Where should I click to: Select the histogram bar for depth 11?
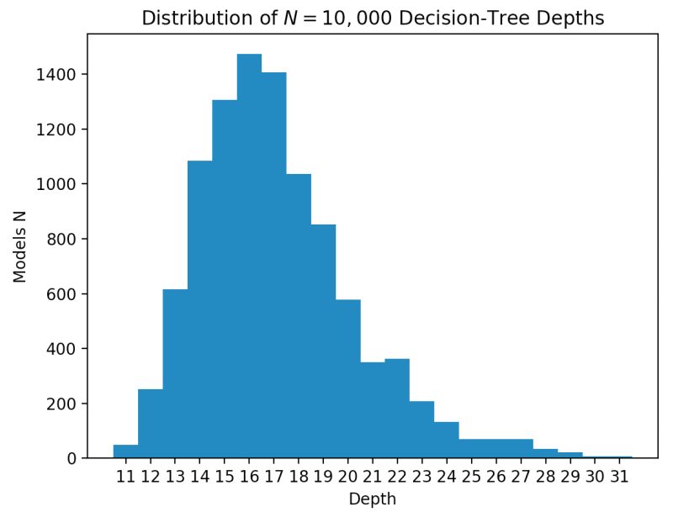point(125,451)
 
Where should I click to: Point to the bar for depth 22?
point(397,409)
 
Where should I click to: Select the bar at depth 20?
point(347,378)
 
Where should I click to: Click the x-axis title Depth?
point(372,499)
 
